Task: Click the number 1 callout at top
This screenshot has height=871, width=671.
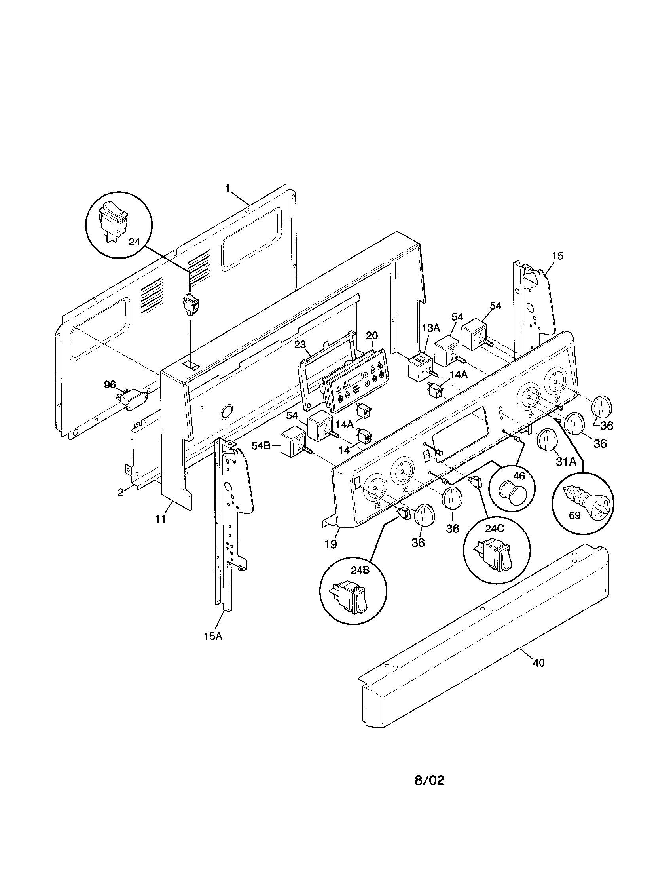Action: (x=228, y=189)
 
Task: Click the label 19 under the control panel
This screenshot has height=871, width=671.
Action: (x=331, y=544)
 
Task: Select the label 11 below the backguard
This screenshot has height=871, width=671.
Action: (x=160, y=519)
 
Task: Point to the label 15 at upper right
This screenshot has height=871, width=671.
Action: (x=557, y=256)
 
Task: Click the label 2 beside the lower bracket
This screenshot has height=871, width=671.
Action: (x=120, y=492)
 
